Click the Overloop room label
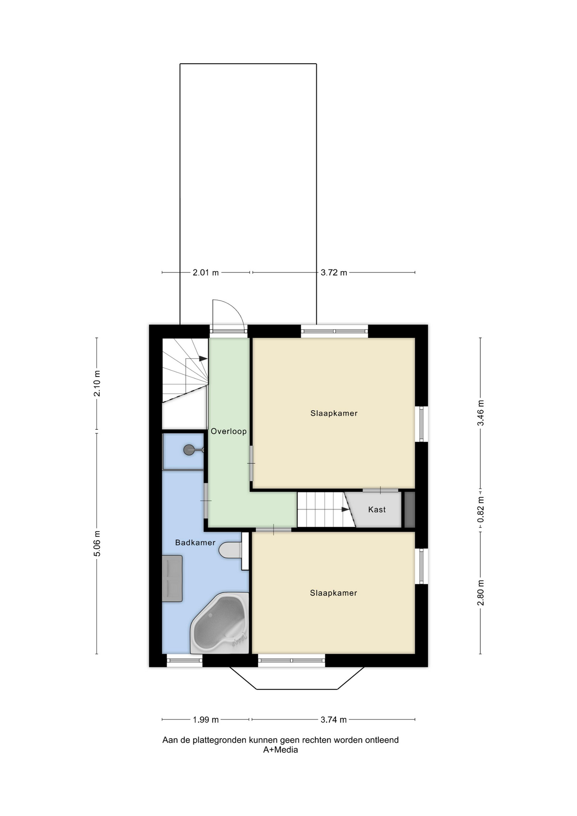(229, 431)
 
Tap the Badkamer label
(195, 543)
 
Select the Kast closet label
(377, 510)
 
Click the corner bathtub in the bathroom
(220, 623)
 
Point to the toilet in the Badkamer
(230, 550)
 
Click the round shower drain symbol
(189, 450)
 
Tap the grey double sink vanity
(172, 578)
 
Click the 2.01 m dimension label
(206, 272)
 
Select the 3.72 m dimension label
(334, 272)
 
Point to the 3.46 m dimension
(481, 413)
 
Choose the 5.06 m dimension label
(97, 544)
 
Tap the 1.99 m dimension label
(206, 720)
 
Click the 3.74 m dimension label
(334, 720)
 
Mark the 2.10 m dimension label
(97, 383)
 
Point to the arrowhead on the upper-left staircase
(204, 359)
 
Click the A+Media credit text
(280, 750)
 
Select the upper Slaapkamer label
(334, 413)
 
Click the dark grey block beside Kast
(410, 510)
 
